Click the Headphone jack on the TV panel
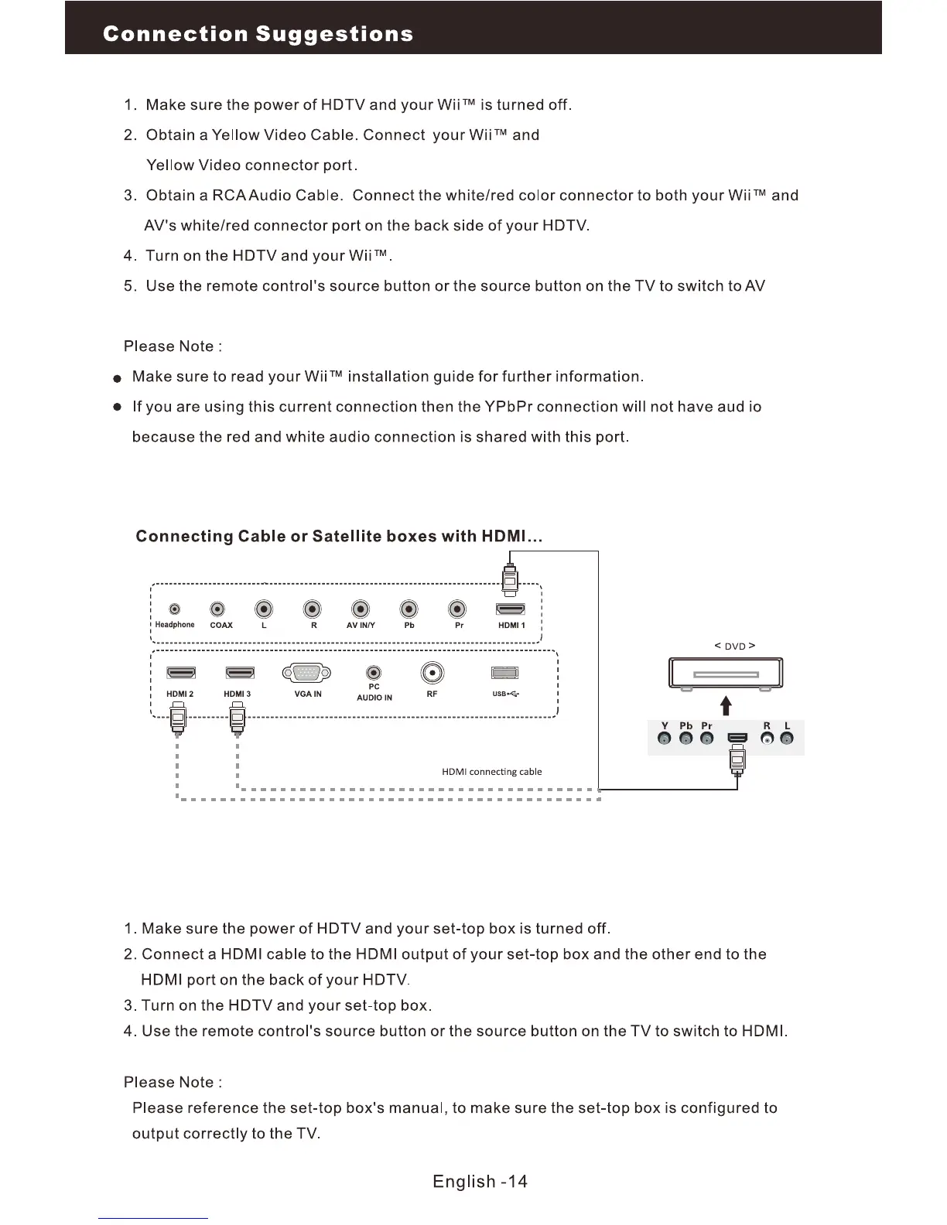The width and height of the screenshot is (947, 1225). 175,609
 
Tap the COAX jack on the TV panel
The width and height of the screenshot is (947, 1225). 220,609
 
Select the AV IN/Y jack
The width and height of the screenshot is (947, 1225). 361,609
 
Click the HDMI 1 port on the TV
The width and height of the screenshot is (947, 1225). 510,609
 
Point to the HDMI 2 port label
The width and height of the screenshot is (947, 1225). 179,694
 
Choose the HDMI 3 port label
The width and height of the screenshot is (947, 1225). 237,694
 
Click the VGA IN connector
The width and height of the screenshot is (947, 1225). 307,674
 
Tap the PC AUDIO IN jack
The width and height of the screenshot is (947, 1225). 374,674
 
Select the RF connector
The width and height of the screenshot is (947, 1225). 432,673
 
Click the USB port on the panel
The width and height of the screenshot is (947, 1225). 505,674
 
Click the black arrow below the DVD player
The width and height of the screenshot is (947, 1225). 726,705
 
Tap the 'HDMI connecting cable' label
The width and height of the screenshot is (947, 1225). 491,772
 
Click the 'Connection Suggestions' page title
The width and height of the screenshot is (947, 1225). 258,34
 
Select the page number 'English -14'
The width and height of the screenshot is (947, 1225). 480,1182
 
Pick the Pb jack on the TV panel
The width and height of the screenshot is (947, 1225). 409,609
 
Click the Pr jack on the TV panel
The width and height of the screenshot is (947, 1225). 459,609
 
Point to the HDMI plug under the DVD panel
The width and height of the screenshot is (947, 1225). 737,761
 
